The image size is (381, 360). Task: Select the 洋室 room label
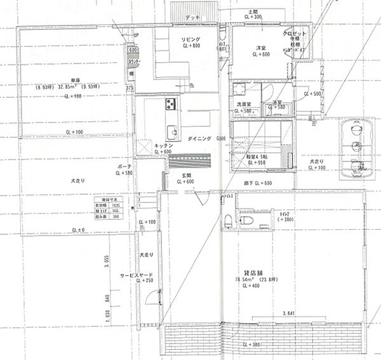261,48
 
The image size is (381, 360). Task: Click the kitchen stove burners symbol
170,103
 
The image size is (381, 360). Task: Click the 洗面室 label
244,103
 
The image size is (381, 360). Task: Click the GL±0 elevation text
78,229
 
